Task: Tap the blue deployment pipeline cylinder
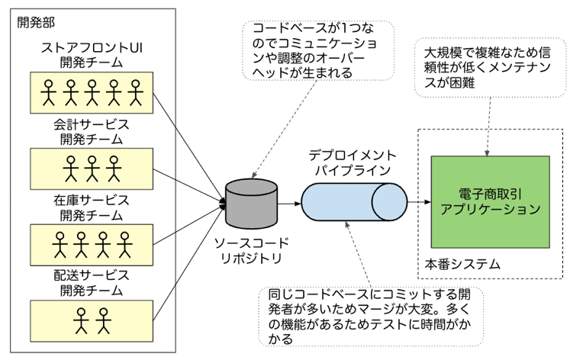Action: pos(352,203)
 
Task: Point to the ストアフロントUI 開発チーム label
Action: pos(92,56)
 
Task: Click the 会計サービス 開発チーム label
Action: pos(92,130)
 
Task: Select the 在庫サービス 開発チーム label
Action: pos(92,207)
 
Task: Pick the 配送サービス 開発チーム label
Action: pos(92,281)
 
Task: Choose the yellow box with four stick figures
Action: pos(92,244)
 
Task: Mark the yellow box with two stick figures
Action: pos(92,320)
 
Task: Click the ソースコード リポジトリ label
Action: pos(251,251)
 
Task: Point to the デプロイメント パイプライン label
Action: pos(352,162)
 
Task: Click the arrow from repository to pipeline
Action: pos(288,204)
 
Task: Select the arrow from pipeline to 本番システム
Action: pos(416,203)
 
